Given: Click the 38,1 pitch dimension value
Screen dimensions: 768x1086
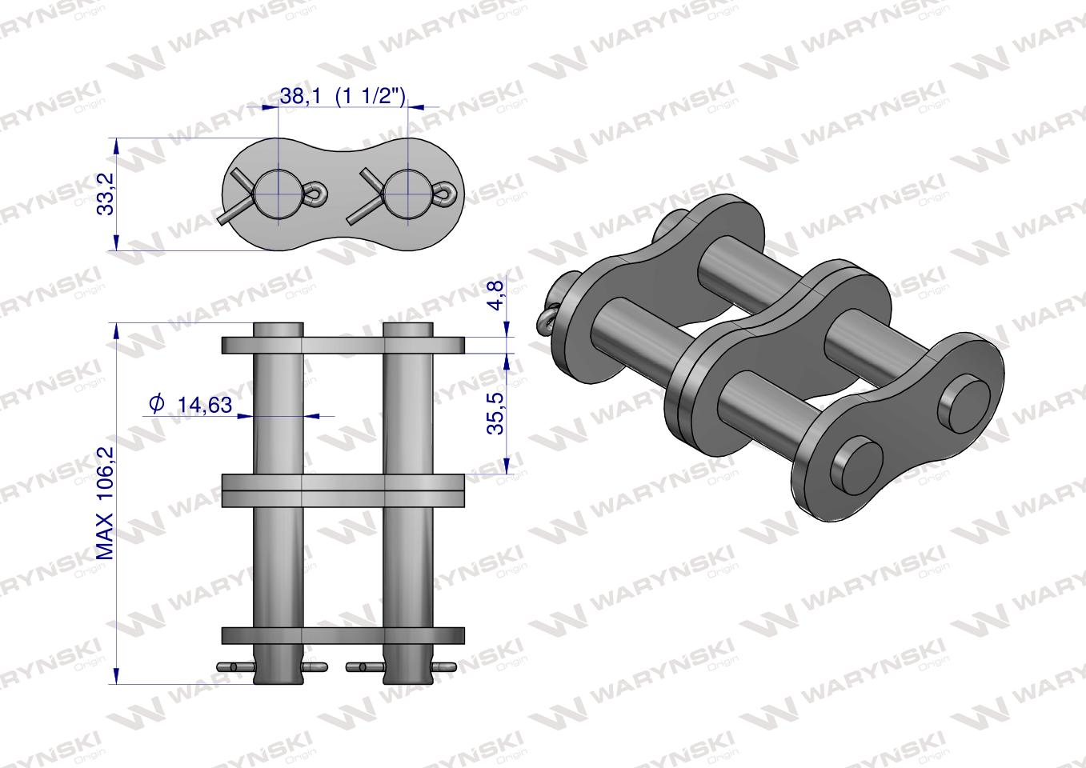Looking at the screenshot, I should tap(300, 96).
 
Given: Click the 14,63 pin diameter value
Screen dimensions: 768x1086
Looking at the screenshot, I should tap(204, 405).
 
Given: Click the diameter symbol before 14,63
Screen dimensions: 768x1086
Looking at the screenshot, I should tap(157, 404).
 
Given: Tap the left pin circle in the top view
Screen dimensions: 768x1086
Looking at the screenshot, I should tap(276, 194).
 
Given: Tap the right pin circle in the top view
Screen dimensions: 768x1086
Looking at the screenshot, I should tap(408, 194).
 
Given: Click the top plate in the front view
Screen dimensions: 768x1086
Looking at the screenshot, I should tap(343, 346).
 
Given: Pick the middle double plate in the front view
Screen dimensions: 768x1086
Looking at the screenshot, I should tap(343, 490).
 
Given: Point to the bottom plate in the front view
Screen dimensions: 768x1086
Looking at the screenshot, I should tap(343, 635).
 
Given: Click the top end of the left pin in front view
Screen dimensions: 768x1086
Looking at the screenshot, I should tap(279, 329).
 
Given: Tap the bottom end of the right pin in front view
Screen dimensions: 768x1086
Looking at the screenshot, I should tap(408, 677).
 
